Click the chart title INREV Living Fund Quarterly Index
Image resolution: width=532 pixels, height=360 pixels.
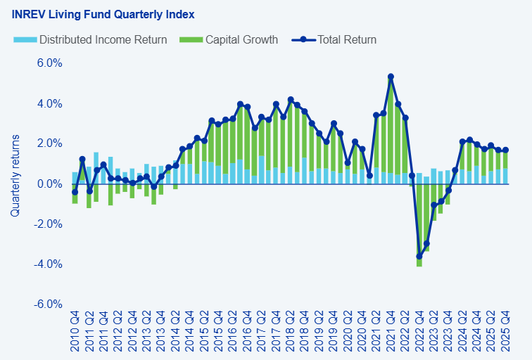click(x=103, y=14)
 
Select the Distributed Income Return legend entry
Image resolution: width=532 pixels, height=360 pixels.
click(x=90, y=39)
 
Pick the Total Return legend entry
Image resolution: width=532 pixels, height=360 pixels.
click(x=334, y=39)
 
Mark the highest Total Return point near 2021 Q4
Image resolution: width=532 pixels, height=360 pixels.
click(x=391, y=77)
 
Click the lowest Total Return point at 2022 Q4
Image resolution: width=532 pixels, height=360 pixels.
click(x=419, y=257)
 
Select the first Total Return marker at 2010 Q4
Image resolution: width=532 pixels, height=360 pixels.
click(x=75, y=192)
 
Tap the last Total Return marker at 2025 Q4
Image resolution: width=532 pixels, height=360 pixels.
click(x=505, y=150)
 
